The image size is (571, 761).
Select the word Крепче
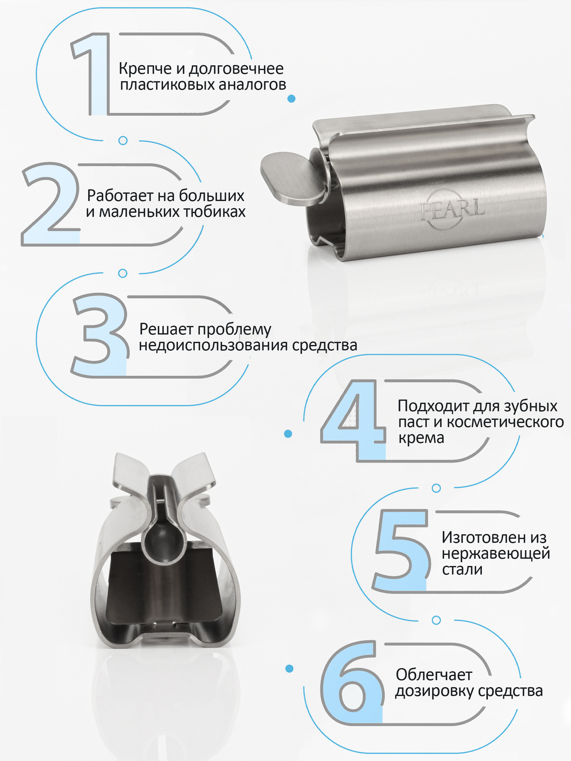(145, 69)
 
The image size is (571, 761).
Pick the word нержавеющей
(496, 553)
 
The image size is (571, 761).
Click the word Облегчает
(434, 675)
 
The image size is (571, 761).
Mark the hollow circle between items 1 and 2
(123, 140)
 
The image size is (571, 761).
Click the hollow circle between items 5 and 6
(436, 620)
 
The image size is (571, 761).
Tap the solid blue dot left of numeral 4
(288, 434)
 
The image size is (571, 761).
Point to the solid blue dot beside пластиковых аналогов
(291, 99)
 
